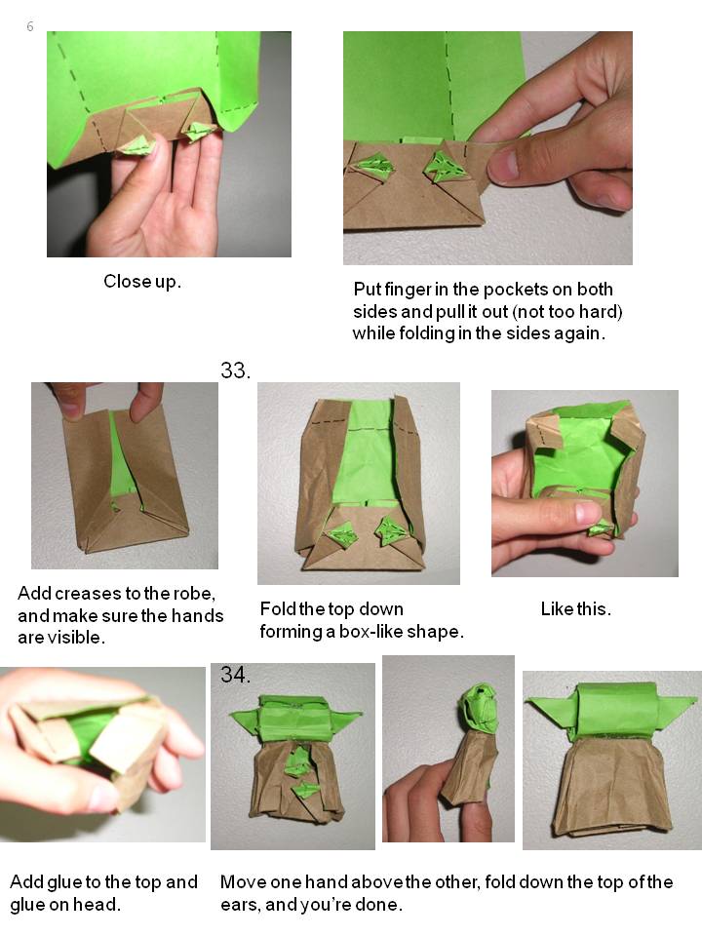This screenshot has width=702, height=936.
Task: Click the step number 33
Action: [235, 370]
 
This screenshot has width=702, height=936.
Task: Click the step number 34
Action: [235, 675]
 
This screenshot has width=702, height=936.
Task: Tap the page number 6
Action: [30, 26]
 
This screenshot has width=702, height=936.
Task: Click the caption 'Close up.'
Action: [142, 281]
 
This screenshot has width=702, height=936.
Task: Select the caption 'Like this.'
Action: [576, 608]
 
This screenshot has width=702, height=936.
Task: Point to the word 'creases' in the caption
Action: [88, 594]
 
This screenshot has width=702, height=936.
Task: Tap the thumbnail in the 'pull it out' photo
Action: [504, 166]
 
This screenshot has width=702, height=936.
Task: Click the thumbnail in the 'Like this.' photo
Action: [587, 513]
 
